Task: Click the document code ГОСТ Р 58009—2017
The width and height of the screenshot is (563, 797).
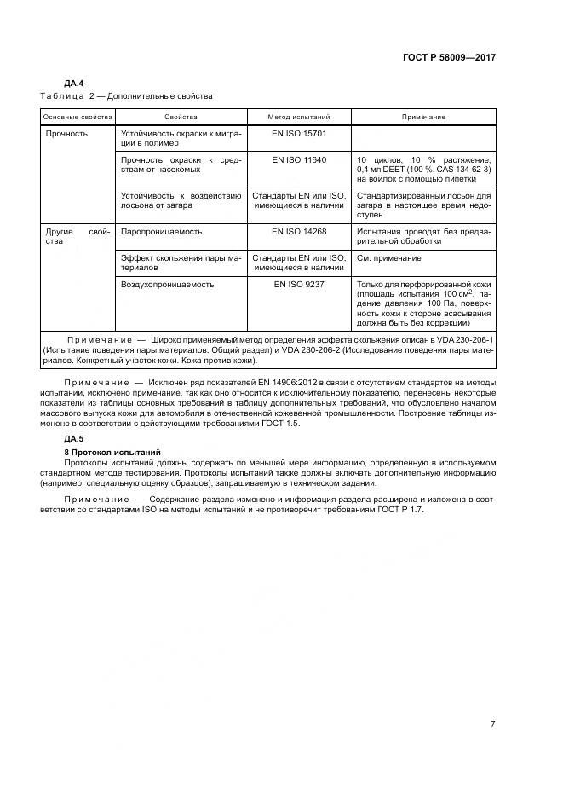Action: tap(448, 57)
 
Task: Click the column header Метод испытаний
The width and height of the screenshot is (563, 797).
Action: tap(298, 116)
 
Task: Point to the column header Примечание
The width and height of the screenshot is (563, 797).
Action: tap(423, 116)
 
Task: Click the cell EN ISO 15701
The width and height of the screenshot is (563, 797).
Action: tap(299, 134)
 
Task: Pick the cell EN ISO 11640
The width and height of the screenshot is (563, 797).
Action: tap(299, 159)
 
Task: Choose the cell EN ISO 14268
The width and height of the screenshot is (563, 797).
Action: tap(299, 231)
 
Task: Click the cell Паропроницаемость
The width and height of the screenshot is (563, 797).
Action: tap(162, 231)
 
